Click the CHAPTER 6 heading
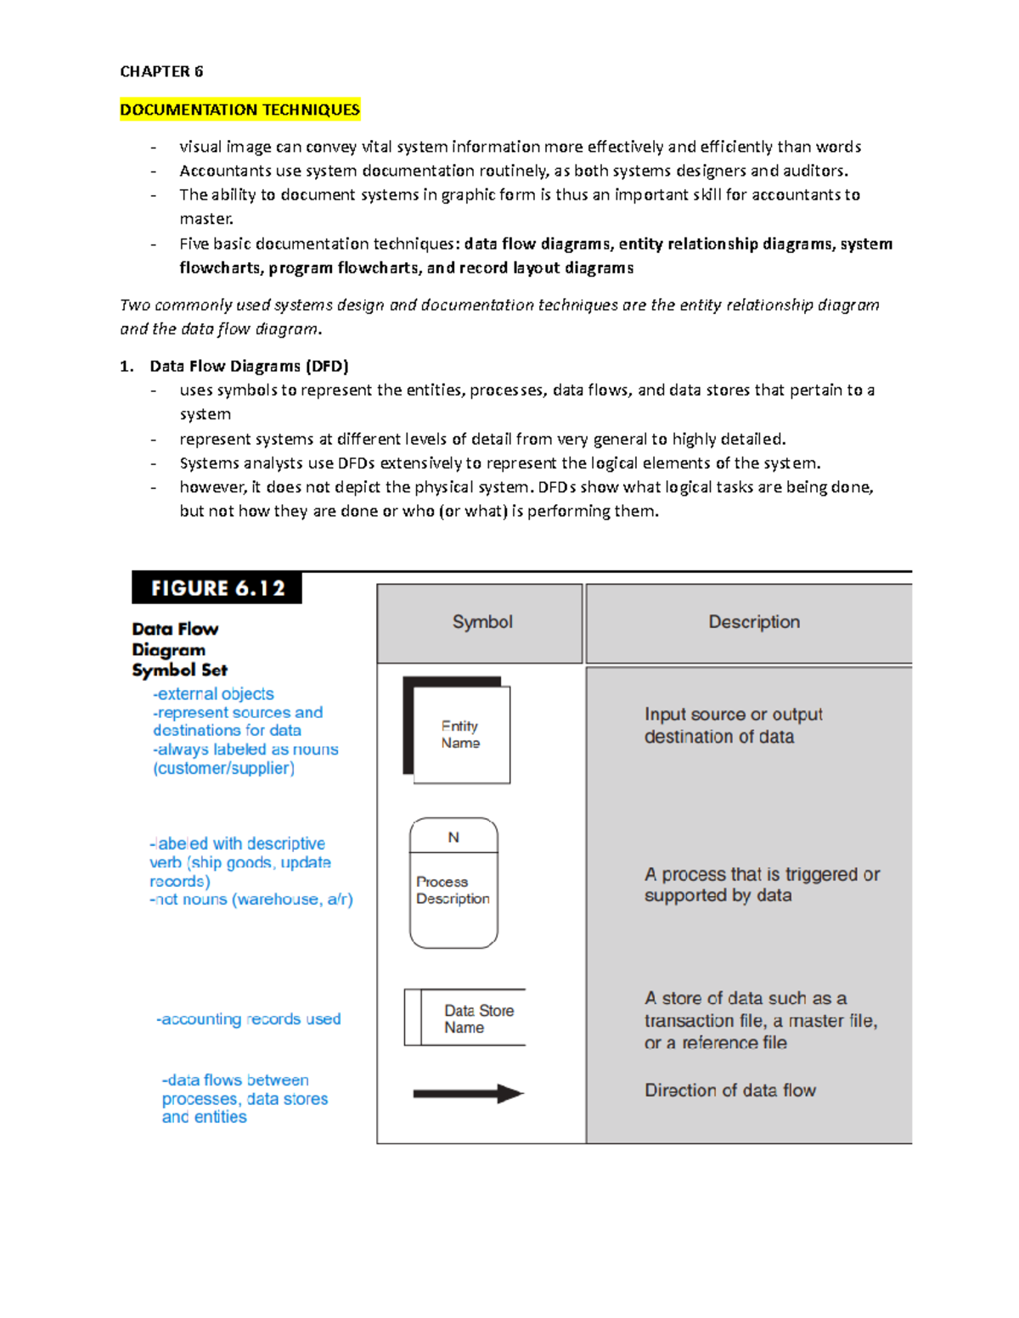tap(161, 71)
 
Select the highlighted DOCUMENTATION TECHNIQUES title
tap(239, 109)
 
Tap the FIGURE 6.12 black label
tap(217, 588)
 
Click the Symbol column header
tap(481, 622)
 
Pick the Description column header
tap(753, 622)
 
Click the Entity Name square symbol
tap(460, 734)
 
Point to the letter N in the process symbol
tap(453, 837)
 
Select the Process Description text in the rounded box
tap(453, 890)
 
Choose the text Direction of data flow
tap(729, 1091)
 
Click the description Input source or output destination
tap(732, 726)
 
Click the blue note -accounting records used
tap(248, 1019)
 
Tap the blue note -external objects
tap(213, 694)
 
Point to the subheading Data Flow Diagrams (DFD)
tap(249, 367)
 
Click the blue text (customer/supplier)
tap(223, 768)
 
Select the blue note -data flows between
tap(235, 1080)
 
